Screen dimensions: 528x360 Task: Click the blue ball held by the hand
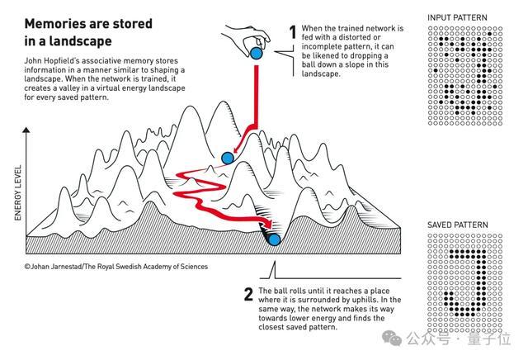tap(257, 54)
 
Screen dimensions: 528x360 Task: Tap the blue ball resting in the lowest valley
tap(275, 239)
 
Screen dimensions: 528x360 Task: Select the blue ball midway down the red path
tap(228, 158)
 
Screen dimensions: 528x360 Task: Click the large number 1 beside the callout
tap(293, 32)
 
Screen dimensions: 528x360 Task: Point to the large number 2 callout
tap(248, 294)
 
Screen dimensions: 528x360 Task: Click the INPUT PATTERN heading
tap(457, 17)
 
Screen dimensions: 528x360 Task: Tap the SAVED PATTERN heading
tap(458, 225)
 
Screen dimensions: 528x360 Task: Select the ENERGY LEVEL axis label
tap(18, 193)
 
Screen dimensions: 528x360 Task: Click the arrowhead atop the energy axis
tap(26, 130)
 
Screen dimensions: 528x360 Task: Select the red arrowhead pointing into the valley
tap(268, 223)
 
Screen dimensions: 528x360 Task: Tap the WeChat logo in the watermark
tap(392, 338)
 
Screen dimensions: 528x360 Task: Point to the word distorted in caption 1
tap(354, 37)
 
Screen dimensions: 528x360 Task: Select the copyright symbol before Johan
tap(27, 267)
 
